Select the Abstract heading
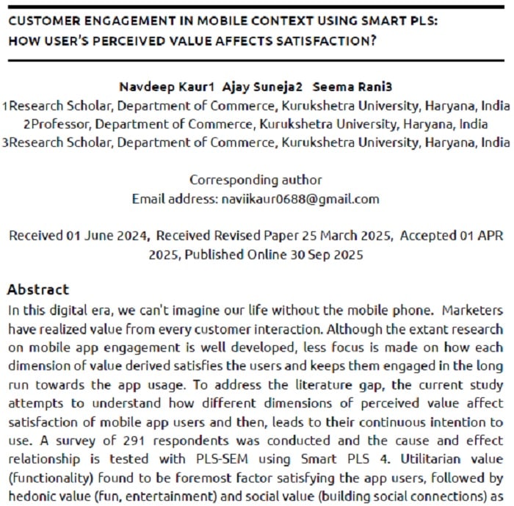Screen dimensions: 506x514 (x=37, y=289)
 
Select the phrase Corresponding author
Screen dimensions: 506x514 (x=256, y=180)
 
